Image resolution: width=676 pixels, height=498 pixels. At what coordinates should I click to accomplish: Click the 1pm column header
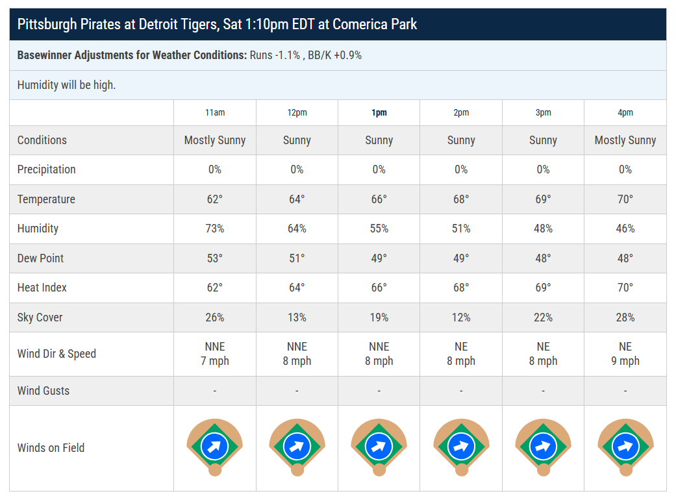pyautogui.click(x=379, y=113)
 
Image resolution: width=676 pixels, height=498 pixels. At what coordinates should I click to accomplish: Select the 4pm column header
pyautogui.click(x=625, y=113)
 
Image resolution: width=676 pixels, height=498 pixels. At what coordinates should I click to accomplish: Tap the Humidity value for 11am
pyautogui.click(x=215, y=229)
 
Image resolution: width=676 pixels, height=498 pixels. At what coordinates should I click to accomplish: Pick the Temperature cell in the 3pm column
pyautogui.click(x=543, y=199)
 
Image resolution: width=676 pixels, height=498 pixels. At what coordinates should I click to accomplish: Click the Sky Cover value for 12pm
pyautogui.click(x=297, y=317)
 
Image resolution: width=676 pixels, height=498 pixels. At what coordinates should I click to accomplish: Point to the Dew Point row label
pyautogui.click(x=40, y=258)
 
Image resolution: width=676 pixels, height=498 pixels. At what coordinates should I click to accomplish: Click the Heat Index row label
pyautogui.click(x=42, y=288)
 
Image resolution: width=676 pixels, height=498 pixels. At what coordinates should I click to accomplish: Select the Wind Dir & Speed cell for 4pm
pyautogui.click(x=625, y=354)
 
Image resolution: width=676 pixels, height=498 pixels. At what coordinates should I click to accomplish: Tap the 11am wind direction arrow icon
pyautogui.click(x=215, y=446)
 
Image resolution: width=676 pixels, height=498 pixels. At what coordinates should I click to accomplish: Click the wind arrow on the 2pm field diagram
pyautogui.click(x=461, y=446)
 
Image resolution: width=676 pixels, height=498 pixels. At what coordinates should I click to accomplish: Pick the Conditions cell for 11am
pyautogui.click(x=215, y=140)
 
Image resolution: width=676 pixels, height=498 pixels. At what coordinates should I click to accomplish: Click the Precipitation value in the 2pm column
pyautogui.click(x=461, y=169)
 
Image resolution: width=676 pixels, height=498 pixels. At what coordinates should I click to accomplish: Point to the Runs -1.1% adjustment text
pyautogui.click(x=275, y=56)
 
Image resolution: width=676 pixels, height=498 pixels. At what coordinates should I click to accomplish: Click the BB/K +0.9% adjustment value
pyautogui.click(x=334, y=56)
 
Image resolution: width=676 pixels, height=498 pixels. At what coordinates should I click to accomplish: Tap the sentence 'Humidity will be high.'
pyautogui.click(x=66, y=85)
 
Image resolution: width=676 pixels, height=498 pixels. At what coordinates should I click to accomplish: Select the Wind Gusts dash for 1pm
pyautogui.click(x=379, y=391)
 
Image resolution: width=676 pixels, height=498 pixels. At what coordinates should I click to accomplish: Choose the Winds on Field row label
pyautogui.click(x=51, y=448)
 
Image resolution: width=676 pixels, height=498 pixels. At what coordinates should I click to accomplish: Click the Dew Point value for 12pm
pyautogui.click(x=297, y=258)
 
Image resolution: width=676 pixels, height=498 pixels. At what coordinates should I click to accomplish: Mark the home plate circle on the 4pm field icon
pyautogui.click(x=625, y=469)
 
